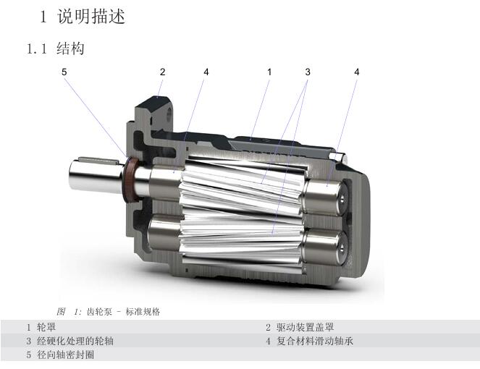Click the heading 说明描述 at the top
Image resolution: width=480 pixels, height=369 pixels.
[x=91, y=17]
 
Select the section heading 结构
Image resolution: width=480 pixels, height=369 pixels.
[x=70, y=48]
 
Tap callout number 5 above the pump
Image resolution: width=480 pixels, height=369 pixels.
[x=64, y=72]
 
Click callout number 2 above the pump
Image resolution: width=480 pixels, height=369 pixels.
[x=163, y=72]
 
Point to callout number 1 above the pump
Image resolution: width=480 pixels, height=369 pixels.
[x=269, y=72]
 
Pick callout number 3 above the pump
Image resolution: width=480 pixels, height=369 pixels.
[x=308, y=72]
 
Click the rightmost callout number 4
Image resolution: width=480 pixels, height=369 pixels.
[x=357, y=72]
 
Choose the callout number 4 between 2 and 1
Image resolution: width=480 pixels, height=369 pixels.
[x=206, y=72]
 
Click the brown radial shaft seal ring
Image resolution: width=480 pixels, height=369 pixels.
[x=131, y=180]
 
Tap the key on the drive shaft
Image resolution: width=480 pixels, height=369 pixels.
[x=98, y=160]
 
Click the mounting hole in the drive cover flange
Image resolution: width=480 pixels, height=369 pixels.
[x=169, y=115]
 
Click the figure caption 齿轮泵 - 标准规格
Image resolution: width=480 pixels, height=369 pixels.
[x=123, y=312]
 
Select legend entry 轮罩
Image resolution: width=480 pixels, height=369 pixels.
[x=46, y=327]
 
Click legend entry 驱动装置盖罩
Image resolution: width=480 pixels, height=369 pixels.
[x=305, y=327]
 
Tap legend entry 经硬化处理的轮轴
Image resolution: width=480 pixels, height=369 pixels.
[x=75, y=341]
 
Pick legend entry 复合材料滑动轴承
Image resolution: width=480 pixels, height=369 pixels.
[x=315, y=341]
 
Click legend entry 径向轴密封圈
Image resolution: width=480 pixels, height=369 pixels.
[x=65, y=355]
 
